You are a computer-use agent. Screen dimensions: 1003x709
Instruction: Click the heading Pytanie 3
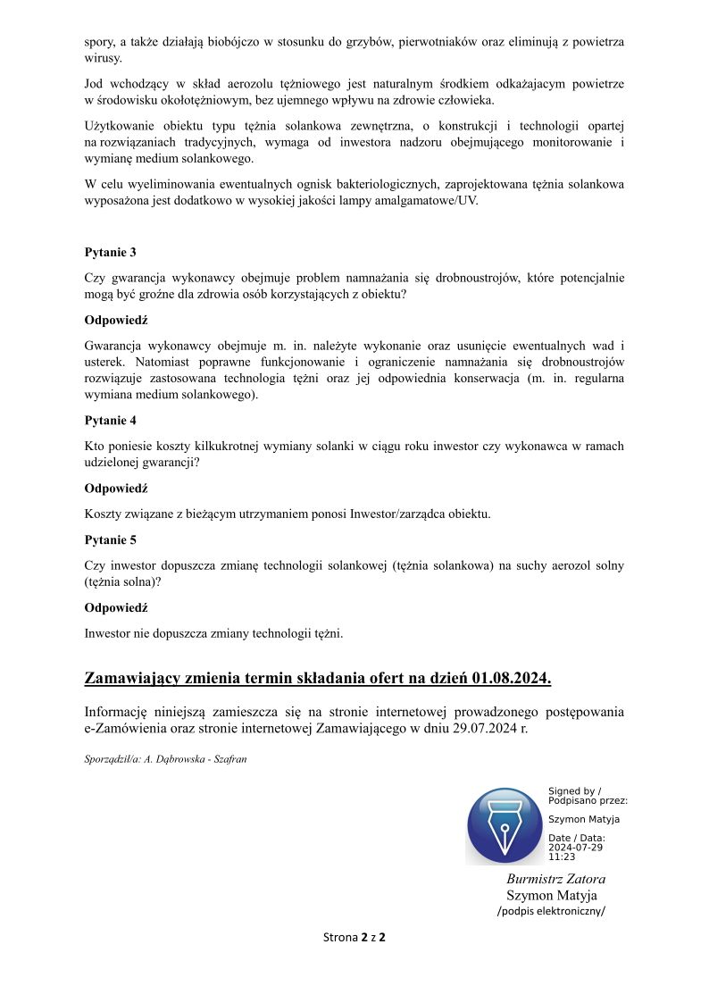click(110, 253)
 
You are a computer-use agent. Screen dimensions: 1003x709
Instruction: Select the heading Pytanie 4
click(110, 420)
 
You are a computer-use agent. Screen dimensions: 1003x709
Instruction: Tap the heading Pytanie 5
click(110, 539)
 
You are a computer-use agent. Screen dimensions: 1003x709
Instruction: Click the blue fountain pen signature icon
click(505, 825)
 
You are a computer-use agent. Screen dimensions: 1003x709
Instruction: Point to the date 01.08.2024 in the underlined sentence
click(511, 679)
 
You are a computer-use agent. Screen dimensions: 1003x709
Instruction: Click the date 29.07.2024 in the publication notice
click(488, 730)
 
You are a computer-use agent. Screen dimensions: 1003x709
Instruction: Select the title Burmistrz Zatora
click(555, 879)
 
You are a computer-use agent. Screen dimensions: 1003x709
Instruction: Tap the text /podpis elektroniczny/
click(551, 911)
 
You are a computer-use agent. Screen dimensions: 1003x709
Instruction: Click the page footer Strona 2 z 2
click(354, 937)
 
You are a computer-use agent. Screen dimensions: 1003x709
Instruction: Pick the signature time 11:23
click(562, 857)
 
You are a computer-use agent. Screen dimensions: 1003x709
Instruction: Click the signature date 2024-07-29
click(575, 847)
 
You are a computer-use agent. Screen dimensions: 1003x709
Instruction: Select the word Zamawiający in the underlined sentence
click(132, 679)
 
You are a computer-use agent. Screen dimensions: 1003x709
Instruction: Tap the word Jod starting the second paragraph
click(94, 84)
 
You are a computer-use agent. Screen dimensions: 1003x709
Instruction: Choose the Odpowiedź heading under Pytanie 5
click(115, 607)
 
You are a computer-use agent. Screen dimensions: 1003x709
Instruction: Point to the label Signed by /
click(574, 791)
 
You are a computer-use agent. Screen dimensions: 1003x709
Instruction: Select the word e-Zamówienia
click(125, 730)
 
